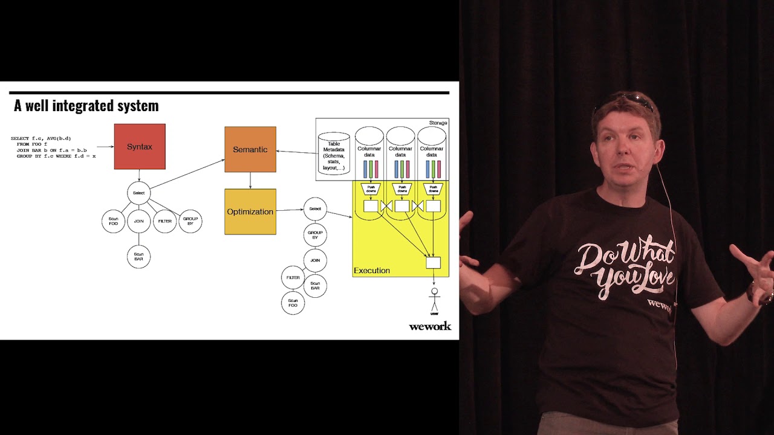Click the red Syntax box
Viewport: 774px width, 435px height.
point(140,147)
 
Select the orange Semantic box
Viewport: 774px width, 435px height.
point(250,149)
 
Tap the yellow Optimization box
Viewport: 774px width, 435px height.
point(250,211)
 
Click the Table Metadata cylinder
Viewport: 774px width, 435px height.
point(334,154)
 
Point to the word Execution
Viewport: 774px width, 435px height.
point(372,271)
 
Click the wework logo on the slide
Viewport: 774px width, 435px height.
point(430,326)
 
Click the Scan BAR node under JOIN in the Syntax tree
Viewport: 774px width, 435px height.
point(138,257)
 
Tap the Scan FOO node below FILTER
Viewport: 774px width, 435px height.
point(293,303)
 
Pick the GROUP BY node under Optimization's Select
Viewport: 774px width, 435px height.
point(315,235)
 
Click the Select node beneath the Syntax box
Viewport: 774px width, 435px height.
point(138,193)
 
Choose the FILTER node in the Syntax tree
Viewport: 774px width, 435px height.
point(164,222)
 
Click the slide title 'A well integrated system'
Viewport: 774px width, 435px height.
point(86,106)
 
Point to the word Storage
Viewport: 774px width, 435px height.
point(438,123)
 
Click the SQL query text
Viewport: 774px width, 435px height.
point(53,147)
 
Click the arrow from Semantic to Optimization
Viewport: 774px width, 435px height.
point(250,180)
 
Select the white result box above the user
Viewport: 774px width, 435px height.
point(434,263)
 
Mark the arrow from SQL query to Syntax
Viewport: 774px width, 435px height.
point(106,146)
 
